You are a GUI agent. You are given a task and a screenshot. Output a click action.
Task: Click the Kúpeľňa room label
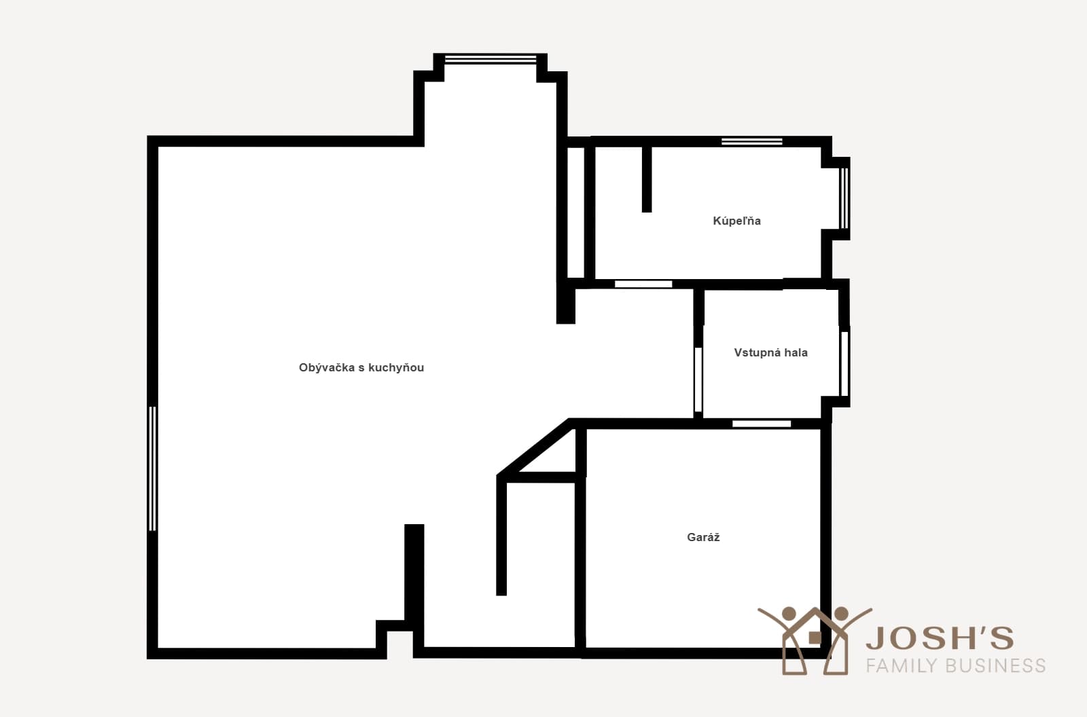[736, 221]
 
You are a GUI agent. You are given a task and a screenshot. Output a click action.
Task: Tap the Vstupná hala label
[770, 352]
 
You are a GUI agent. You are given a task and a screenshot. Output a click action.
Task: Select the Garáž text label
[703, 537]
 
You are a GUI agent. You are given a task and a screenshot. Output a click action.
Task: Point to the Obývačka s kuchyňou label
[361, 368]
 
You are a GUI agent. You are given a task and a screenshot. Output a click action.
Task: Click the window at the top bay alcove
[491, 59]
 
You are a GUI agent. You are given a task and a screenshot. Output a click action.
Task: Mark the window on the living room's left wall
[152, 468]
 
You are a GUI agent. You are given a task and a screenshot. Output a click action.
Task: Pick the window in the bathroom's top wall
[751, 142]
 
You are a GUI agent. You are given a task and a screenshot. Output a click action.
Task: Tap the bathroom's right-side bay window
[844, 198]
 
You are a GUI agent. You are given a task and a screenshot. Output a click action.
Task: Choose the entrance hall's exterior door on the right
[844, 364]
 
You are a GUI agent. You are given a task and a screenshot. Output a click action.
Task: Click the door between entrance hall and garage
[762, 424]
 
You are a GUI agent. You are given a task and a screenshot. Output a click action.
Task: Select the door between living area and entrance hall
[698, 380]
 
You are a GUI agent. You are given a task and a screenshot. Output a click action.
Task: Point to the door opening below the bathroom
[643, 284]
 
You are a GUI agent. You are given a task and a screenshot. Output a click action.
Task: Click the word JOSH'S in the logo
[940, 638]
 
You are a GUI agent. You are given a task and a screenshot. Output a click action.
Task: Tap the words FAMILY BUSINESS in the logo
[956, 665]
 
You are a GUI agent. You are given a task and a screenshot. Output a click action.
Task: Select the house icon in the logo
[815, 640]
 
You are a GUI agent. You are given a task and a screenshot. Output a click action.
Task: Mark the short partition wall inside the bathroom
[647, 179]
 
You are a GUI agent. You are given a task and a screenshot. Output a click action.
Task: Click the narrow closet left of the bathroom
[575, 213]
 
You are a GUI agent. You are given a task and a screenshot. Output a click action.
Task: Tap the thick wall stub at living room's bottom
[414, 577]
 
